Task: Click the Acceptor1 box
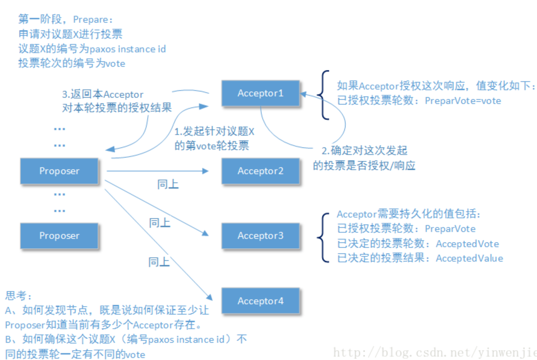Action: (261, 93)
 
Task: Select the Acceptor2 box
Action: (261, 171)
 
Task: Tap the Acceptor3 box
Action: (261, 236)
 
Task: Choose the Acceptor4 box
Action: (261, 301)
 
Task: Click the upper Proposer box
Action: (59, 171)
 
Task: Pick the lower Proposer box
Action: (59, 236)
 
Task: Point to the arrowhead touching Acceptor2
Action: (206, 171)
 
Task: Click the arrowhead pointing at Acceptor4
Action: (209, 297)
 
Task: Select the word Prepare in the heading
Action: (91, 20)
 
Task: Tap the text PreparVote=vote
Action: (463, 101)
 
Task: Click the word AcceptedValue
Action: (469, 258)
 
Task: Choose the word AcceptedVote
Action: (467, 244)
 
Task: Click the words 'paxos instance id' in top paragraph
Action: (127, 49)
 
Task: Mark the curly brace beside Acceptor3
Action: (323, 237)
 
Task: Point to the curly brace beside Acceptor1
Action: (324, 95)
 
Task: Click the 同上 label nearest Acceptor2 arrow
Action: (168, 184)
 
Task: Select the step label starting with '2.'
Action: (364, 151)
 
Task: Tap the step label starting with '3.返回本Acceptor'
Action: (103, 94)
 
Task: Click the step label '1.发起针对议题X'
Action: (214, 131)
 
